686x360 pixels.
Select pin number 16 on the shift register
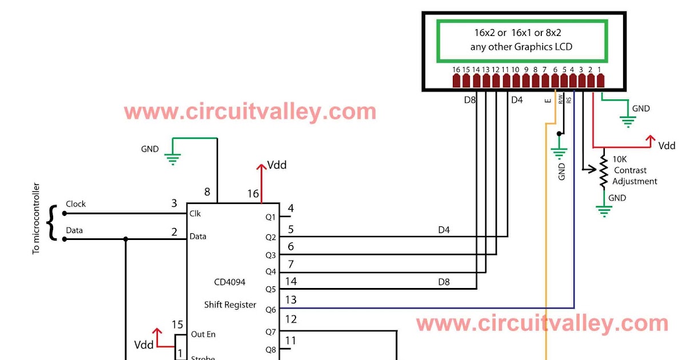point(253,194)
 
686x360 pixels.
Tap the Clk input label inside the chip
point(195,214)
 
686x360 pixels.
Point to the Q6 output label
point(270,310)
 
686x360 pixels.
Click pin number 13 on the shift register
point(290,299)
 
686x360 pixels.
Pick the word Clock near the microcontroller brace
point(75,204)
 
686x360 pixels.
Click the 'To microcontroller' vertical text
point(37,218)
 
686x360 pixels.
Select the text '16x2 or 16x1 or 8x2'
point(520,33)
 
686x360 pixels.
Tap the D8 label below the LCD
point(469,100)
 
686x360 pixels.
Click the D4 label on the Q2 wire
point(444,230)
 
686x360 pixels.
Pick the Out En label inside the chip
point(203,334)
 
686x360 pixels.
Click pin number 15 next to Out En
point(177,325)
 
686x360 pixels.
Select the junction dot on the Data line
point(125,239)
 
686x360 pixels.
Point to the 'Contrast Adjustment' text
point(635,176)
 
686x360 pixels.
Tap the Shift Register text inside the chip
point(230,305)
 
